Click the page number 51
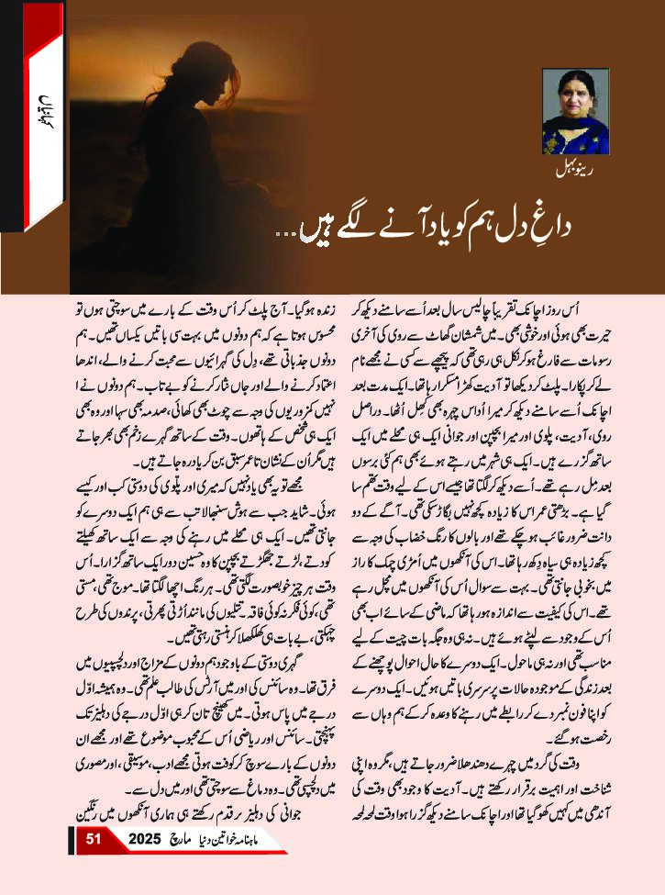[93, 865]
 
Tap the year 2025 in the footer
[144, 865]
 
